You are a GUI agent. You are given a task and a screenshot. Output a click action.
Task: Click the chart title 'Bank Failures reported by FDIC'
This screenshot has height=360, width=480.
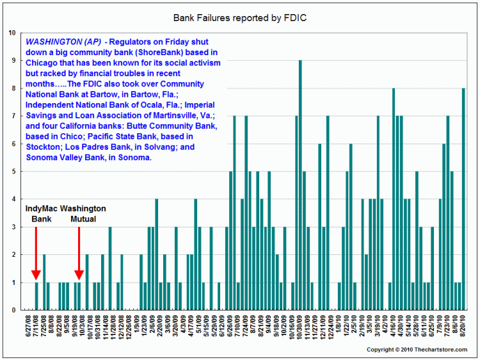click(239, 17)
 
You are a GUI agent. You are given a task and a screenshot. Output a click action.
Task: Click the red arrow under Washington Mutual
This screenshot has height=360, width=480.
click(79, 252)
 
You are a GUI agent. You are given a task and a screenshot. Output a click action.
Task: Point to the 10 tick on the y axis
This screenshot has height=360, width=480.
click(12, 33)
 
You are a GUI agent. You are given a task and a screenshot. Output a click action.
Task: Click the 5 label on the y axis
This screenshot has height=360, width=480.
click(14, 171)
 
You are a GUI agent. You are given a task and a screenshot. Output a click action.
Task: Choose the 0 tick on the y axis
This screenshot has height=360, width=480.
click(14, 310)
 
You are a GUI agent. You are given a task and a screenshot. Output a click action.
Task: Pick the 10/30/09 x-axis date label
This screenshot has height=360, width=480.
click(300, 326)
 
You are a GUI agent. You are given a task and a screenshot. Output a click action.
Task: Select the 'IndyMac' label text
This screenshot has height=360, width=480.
click(42, 209)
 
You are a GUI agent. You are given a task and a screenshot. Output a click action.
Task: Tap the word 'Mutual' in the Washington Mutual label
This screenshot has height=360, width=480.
click(84, 219)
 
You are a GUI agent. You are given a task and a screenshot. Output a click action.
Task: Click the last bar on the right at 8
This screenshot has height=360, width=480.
click(463, 199)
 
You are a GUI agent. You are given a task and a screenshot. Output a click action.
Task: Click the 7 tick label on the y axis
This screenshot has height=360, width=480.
click(14, 116)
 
